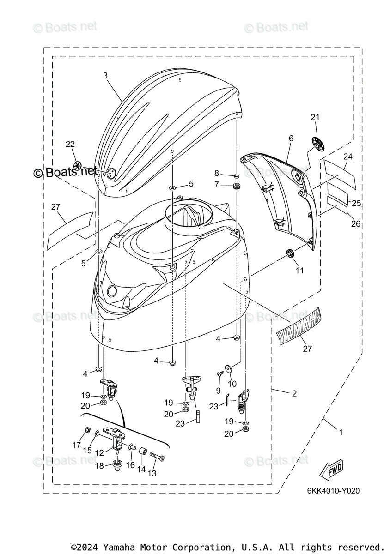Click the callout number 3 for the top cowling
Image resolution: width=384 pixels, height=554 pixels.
coord(105,75)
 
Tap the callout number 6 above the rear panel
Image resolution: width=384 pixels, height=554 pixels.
coord(291,138)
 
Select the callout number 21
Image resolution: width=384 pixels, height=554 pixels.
coord(315,117)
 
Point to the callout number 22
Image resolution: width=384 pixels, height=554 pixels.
coord(70,144)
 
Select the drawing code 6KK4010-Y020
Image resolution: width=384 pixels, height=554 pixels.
coord(333,491)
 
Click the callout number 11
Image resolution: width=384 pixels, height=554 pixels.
coord(300,270)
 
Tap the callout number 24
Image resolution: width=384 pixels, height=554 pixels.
coord(347,157)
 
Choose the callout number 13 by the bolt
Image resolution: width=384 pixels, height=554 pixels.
coord(152,473)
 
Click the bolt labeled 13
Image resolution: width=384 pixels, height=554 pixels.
coord(158,458)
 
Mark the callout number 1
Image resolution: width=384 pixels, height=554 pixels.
coord(341,433)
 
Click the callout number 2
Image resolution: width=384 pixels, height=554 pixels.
coord(294,394)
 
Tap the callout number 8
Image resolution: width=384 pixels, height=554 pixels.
coord(216,173)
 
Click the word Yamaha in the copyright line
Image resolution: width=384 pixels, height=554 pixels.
coord(120,547)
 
